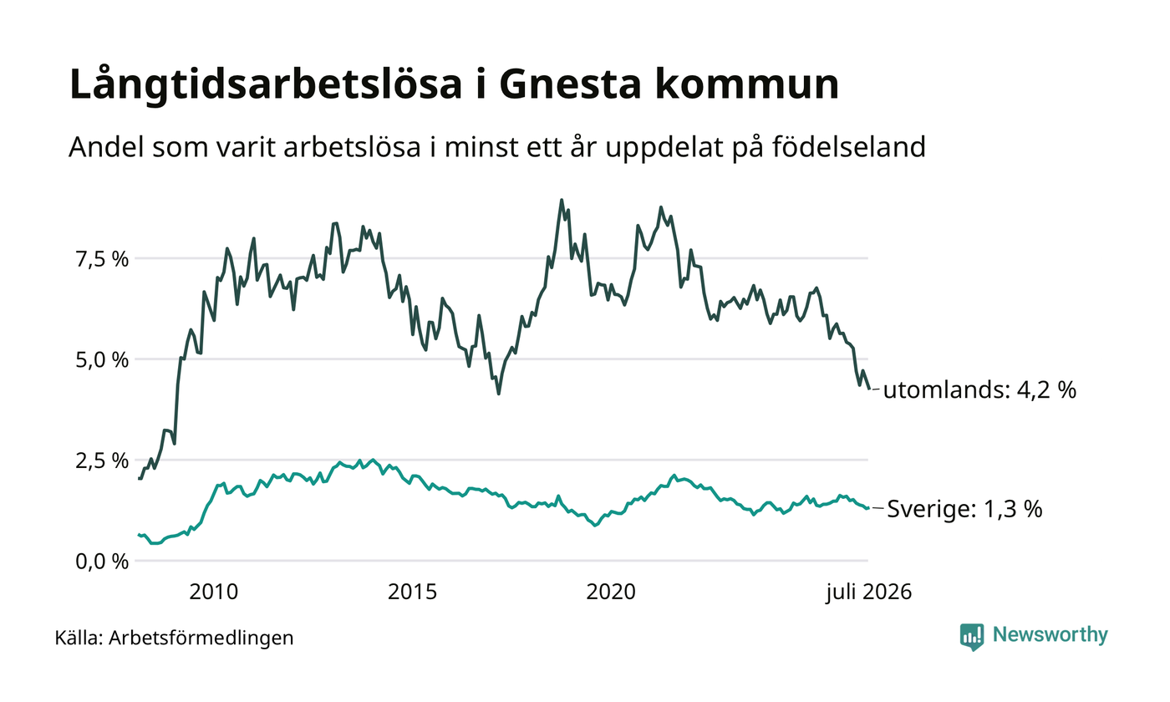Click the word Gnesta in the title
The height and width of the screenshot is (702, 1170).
click(x=570, y=84)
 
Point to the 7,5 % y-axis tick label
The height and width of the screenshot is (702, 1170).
click(x=102, y=259)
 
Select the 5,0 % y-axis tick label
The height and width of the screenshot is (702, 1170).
click(x=102, y=360)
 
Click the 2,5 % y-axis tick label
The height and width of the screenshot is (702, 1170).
click(x=102, y=461)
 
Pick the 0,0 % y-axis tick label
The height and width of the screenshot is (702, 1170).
click(x=102, y=562)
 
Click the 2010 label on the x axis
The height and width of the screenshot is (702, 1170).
click(x=214, y=593)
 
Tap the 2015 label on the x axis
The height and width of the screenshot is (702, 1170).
click(x=412, y=593)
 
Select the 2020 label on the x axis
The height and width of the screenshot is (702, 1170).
click(x=611, y=593)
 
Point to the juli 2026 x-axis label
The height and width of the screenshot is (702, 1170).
click(x=868, y=593)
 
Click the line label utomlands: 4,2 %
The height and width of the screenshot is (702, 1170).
click(x=979, y=390)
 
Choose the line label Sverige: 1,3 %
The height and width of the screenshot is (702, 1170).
click(x=964, y=509)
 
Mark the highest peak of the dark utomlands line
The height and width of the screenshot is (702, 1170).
click(x=562, y=200)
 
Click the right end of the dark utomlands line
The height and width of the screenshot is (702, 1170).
click(x=869, y=389)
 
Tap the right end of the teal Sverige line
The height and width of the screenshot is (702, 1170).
click(x=868, y=508)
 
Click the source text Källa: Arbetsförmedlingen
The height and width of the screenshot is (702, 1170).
click(x=174, y=638)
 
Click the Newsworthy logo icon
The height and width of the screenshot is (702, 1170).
click(x=971, y=637)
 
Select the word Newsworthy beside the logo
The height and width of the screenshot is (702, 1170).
click(x=1050, y=635)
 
